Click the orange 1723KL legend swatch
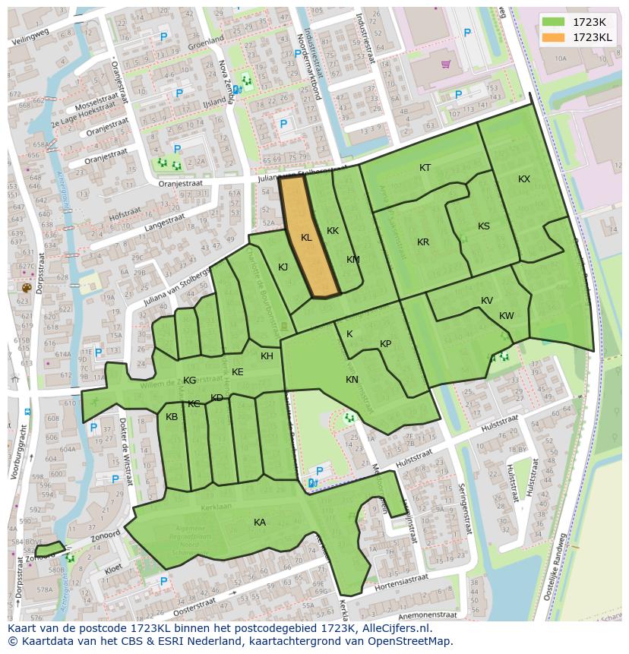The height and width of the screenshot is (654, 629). click(554, 37)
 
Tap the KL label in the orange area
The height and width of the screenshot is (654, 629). click(306, 238)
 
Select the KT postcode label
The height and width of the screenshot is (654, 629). click(425, 168)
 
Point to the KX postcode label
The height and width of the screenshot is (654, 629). click(524, 179)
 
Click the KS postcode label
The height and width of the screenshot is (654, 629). click(484, 226)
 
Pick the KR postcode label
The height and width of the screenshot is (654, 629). click(423, 242)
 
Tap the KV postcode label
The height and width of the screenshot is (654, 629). click(487, 301)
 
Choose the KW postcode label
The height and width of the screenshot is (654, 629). click(507, 316)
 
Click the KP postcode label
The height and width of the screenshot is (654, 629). click(386, 344)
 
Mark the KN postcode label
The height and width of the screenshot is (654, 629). click(352, 380)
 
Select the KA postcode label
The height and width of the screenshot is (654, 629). click(260, 523)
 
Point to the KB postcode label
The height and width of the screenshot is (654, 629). click(172, 417)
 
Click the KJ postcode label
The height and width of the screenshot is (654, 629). click(283, 267)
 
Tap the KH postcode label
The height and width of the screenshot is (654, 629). click(267, 356)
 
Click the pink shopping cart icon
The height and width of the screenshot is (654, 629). click(446, 65)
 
